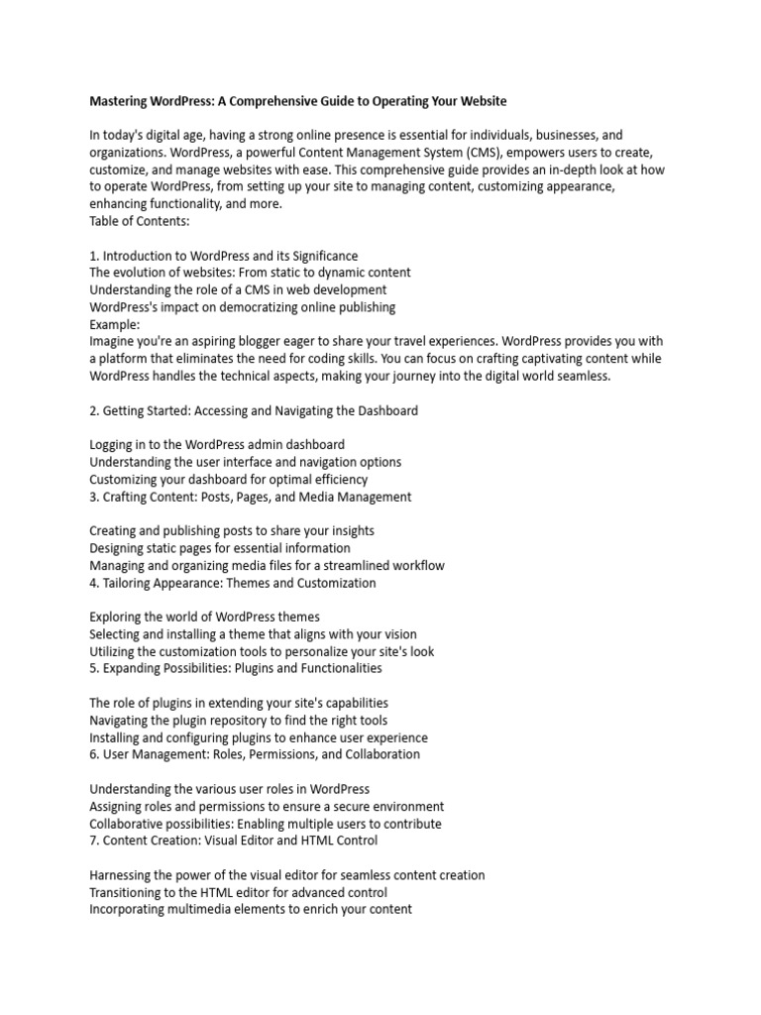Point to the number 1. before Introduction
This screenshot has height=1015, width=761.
coord(94,256)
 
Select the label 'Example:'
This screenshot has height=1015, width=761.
coord(115,324)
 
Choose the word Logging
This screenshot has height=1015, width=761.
coord(113,444)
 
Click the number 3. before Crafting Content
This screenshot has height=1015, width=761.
coord(94,497)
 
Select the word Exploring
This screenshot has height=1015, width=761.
coord(117,617)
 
